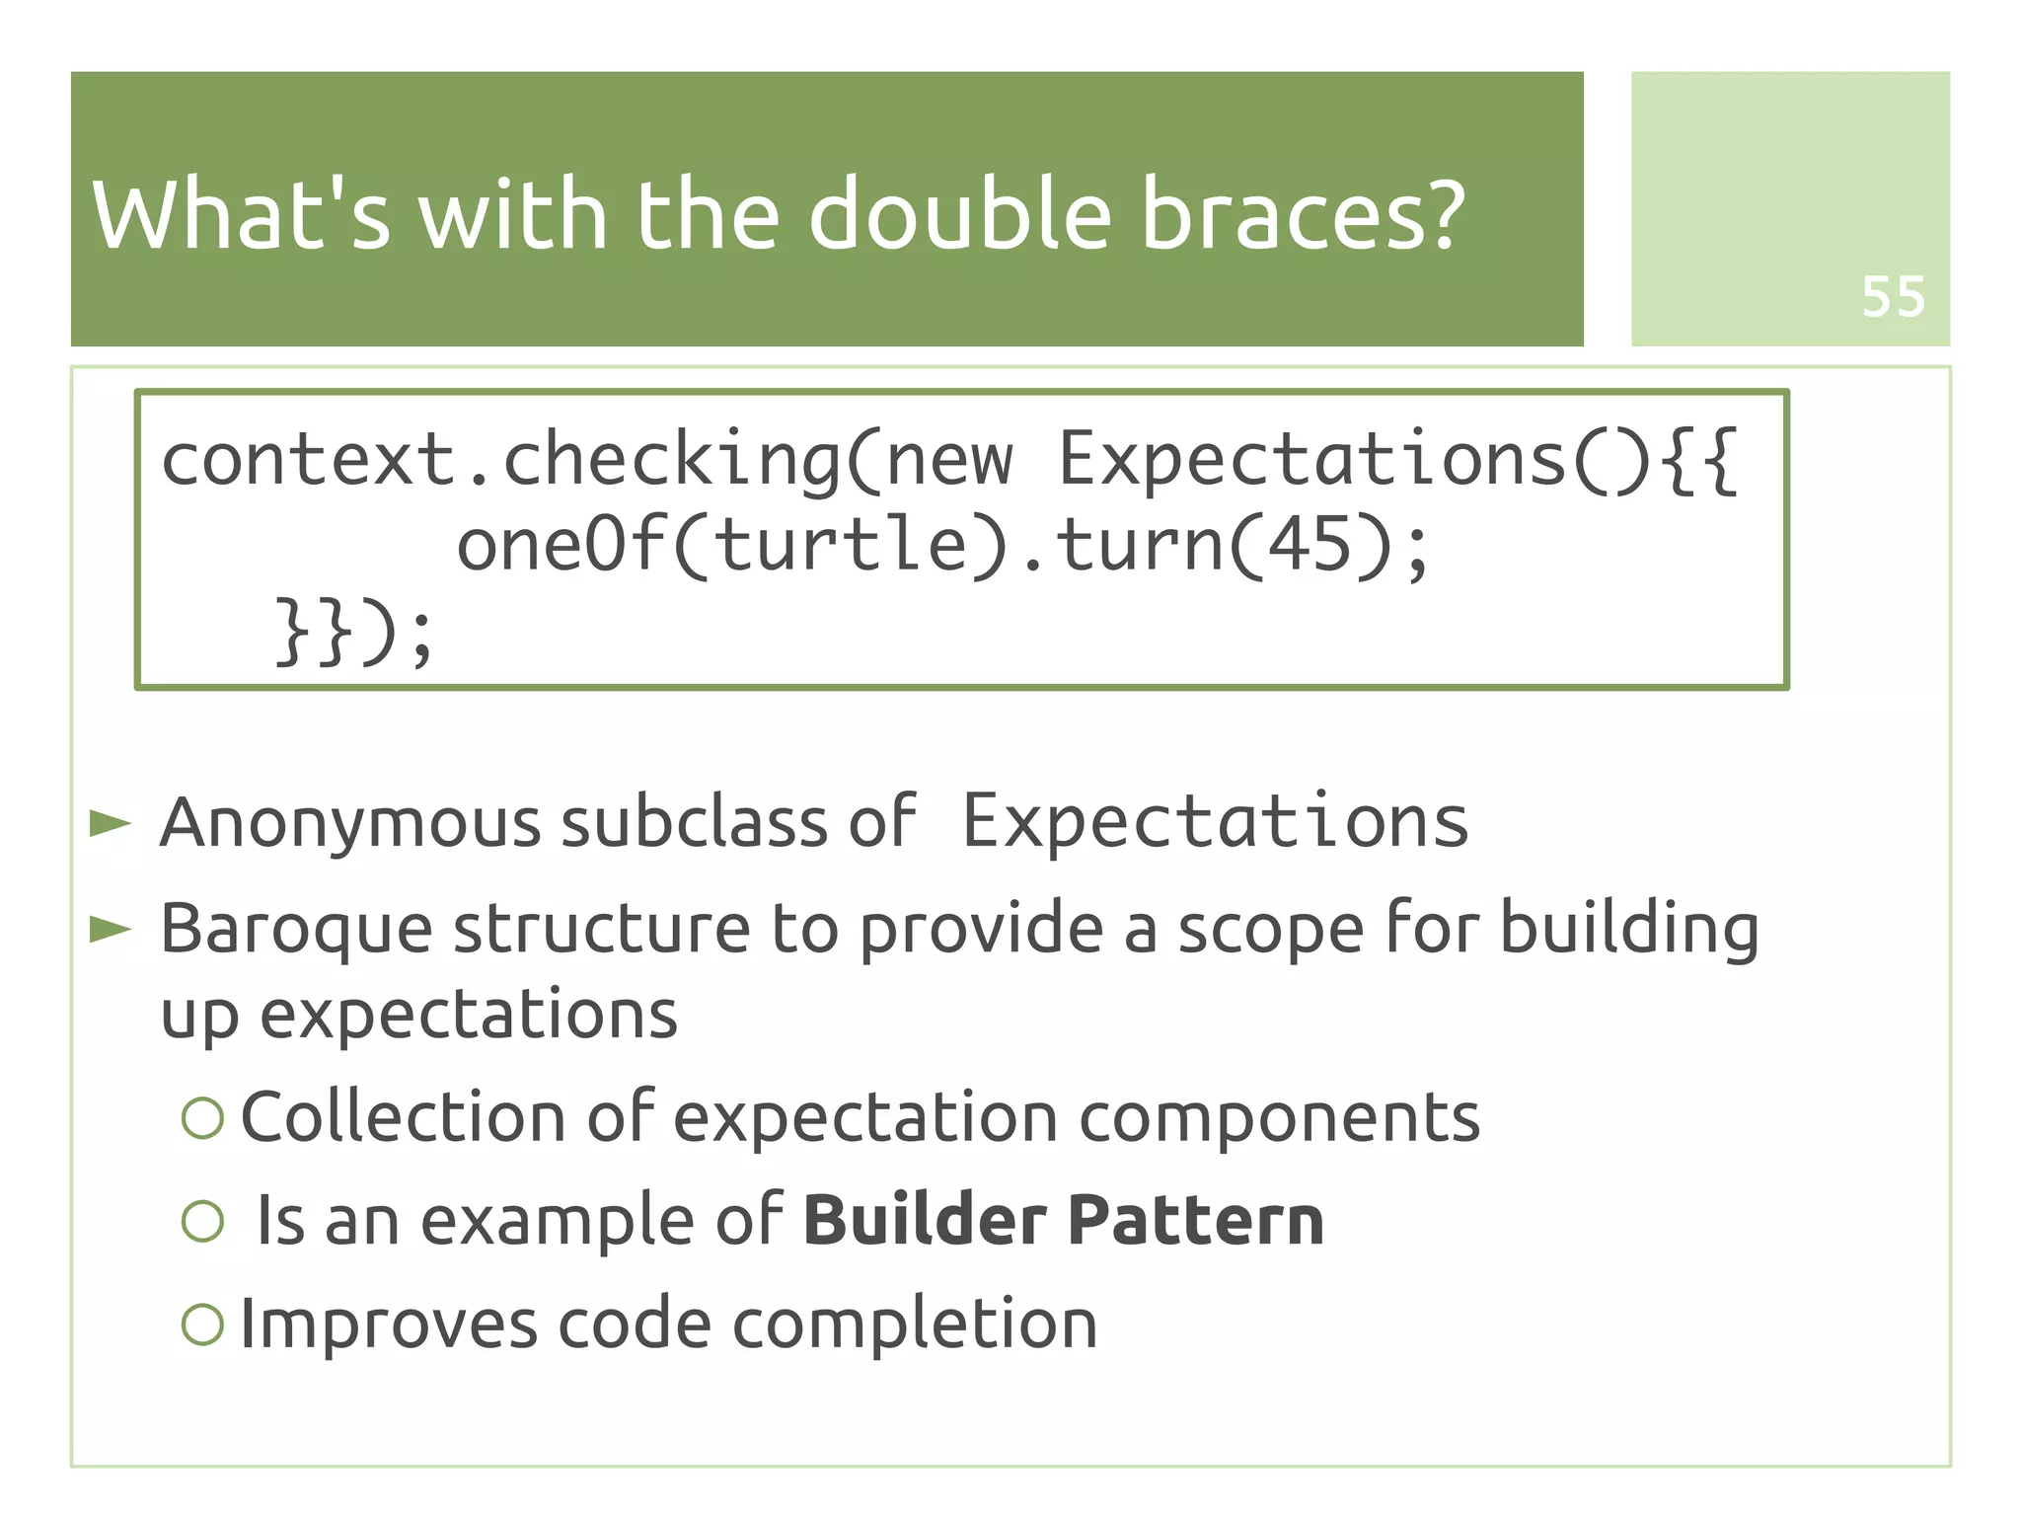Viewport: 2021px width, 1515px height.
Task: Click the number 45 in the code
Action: [x=1309, y=545]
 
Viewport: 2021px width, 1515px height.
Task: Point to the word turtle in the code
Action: [x=841, y=545]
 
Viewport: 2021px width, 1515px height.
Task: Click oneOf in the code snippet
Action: [x=559, y=545]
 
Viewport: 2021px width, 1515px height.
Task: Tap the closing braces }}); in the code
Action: [x=352, y=632]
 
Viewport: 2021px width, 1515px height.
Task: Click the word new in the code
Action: [x=949, y=460]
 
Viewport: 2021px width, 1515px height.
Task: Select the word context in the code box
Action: [x=308, y=460]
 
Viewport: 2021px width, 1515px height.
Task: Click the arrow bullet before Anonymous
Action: [x=110, y=822]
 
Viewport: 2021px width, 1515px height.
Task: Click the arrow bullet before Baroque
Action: [x=110, y=929]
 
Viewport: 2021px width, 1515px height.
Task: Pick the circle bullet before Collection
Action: [x=203, y=1117]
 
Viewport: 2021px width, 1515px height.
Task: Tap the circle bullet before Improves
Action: [x=203, y=1324]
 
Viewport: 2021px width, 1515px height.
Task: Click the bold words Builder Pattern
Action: [x=1063, y=1220]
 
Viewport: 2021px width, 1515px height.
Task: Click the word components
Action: [x=1279, y=1119]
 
